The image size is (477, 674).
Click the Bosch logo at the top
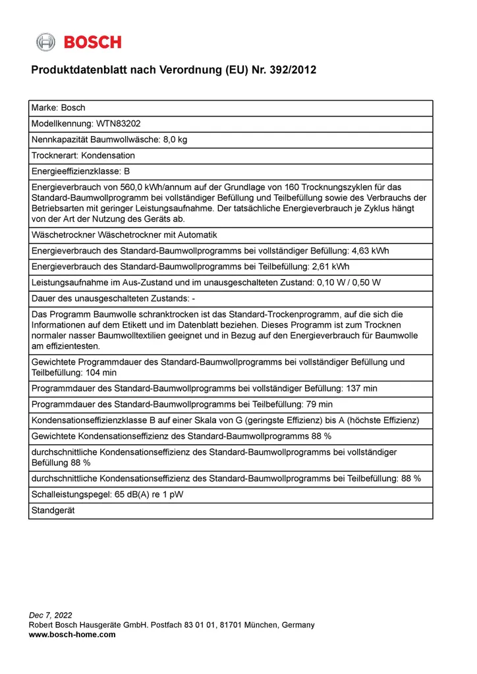point(79,42)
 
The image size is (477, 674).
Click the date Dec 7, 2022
point(51,615)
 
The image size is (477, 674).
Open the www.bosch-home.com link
point(72,635)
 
